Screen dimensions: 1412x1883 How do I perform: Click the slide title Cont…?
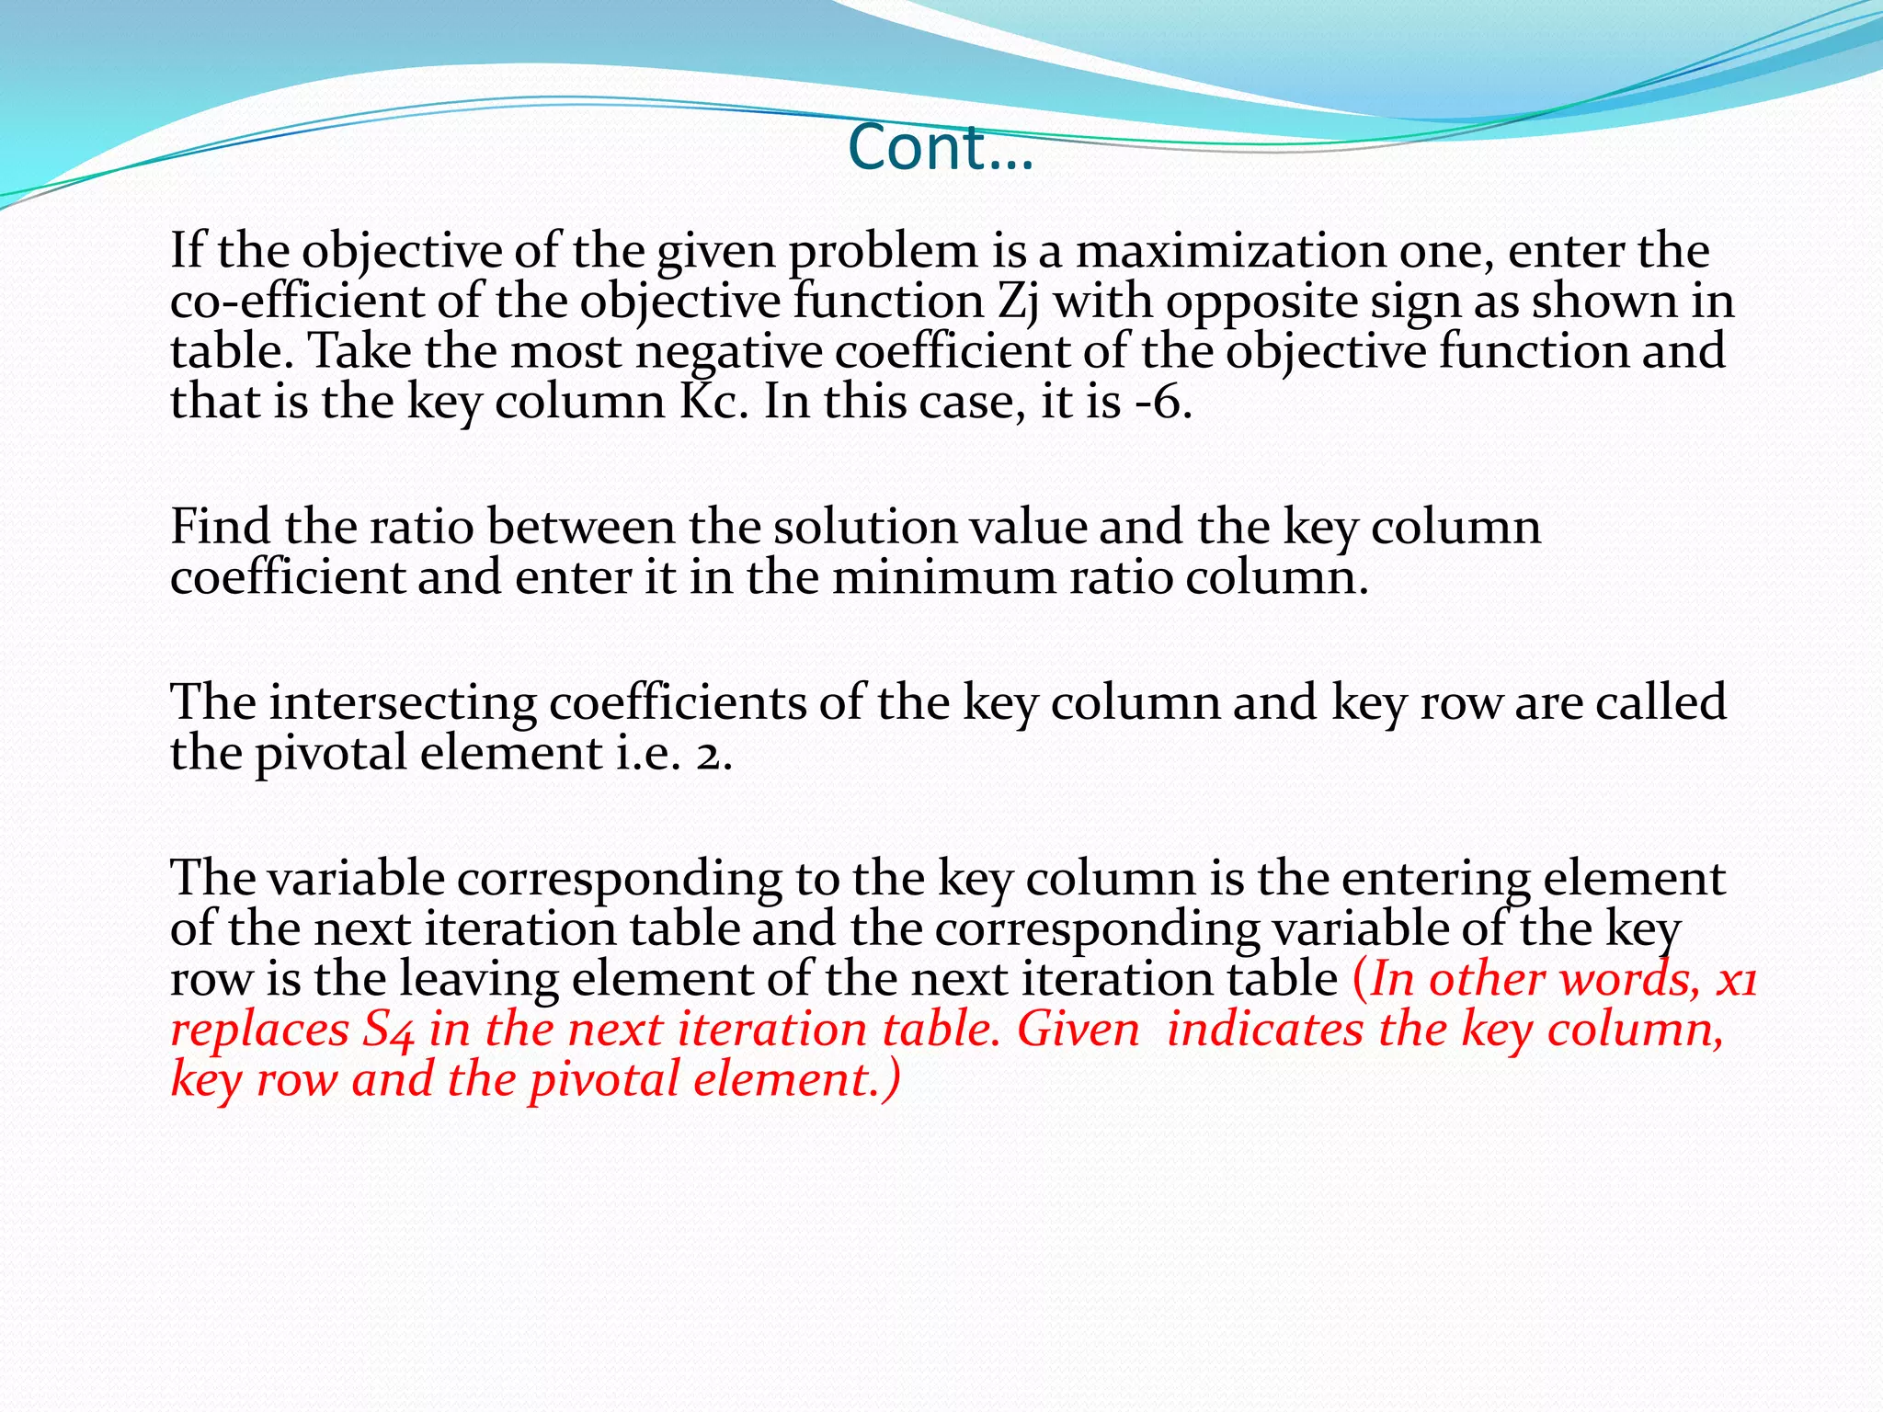click(x=941, y=147)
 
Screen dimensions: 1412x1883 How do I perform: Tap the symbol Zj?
click(x=1017, y=302)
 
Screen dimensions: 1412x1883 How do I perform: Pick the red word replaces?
click(x=259, y=1031)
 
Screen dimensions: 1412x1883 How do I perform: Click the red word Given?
click(x=1078, y=1030)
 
